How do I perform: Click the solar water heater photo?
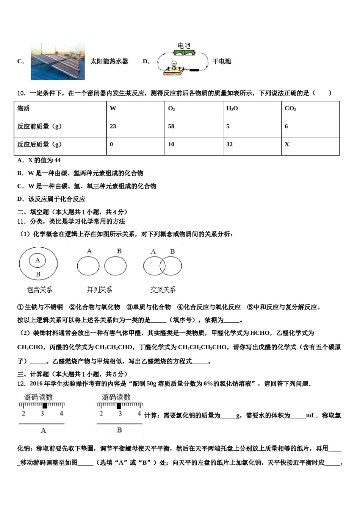click(x=58, y=61)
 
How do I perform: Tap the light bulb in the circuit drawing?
click(x=174, y=65)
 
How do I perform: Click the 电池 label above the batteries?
click(x=184, y=46)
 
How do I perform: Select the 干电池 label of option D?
click(x=222, y=61)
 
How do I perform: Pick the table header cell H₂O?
click(x=232, y=109)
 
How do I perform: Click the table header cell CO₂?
click(x=290, y=109)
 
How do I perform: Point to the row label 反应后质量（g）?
click(x=39, y=144)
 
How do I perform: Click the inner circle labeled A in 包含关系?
click(x=38, y=260)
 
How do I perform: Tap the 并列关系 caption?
click(x=99, y=290)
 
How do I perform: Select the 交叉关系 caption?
click(x=163, y=290)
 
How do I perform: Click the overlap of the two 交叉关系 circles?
click(x=163, y=266)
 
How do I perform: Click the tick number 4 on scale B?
click(x=139, y=414)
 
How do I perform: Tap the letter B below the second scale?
click(x=119, y=430)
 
